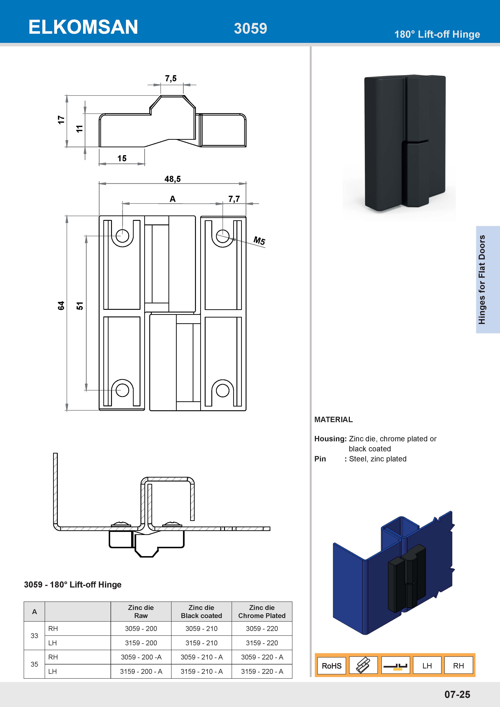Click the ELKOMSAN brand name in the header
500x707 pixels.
click(83, 27)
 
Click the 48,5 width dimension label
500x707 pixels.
click(172, 179)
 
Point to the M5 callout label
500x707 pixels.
click(259, 241)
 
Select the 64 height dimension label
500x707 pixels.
click(61, 306)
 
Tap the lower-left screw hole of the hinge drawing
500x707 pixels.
click(122, 390)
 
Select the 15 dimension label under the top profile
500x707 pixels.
click(122, 158)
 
